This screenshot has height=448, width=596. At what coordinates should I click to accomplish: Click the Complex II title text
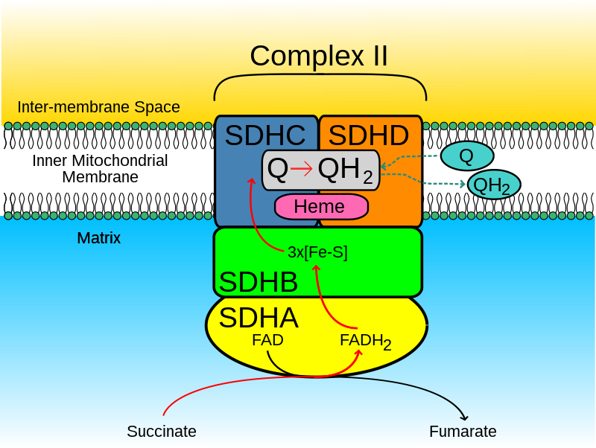coord(319,56)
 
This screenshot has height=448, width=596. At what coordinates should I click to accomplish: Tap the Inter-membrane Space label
coord(98,107)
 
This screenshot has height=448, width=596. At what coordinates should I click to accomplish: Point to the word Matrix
coord(98,239)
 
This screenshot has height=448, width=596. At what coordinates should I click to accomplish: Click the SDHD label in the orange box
coord(369,135)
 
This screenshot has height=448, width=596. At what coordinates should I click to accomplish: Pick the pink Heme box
coord(321,206)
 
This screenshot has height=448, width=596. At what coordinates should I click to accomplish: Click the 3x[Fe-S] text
coord(317,252)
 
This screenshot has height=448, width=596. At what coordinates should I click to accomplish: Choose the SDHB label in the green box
coord(259,282)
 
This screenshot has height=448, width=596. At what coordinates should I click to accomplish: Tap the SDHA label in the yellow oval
coord(259,318)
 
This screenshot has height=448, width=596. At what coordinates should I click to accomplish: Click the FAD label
coord(267,340)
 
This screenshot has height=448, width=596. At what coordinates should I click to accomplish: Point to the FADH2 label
coord(365,341)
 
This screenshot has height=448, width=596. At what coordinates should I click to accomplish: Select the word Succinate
coord(162,432)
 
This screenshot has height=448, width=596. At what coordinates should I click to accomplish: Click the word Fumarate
coord(463,432)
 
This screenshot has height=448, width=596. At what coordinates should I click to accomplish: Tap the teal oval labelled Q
coord(467,156)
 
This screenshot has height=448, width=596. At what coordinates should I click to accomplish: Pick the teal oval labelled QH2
coord(493,185)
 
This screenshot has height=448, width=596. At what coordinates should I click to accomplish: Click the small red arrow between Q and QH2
coord(302,170)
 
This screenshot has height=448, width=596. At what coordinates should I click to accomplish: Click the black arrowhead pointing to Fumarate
coord(464,416)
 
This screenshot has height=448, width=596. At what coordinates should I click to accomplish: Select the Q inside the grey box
coord(277,170)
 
